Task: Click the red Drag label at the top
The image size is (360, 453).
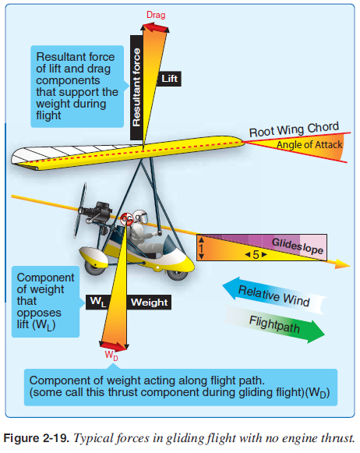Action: pos(156,15)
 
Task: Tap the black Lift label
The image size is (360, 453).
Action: pos(169,79)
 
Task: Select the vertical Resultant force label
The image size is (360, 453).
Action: pos(136,87)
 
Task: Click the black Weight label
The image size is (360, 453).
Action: pos(149,303)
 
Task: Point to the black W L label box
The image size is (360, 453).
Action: pos(98,302)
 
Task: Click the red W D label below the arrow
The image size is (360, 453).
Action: pos(111,355)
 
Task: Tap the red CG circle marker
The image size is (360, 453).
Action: pos(126,218)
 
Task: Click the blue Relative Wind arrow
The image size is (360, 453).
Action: pos(274,296)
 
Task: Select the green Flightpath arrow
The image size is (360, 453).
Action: pos(274,324)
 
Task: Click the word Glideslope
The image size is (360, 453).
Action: pos(298,246)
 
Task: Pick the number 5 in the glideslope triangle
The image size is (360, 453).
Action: pos(256,254)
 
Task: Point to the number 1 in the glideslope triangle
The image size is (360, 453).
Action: pos(201,248)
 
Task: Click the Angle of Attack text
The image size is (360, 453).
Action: pos(309,144)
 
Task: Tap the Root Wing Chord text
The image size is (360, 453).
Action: pos(294,129)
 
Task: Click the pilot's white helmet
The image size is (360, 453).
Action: pos(141,218)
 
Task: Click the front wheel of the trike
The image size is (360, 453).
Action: pos(178,274)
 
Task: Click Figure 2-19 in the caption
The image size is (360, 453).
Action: pos(37,438)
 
